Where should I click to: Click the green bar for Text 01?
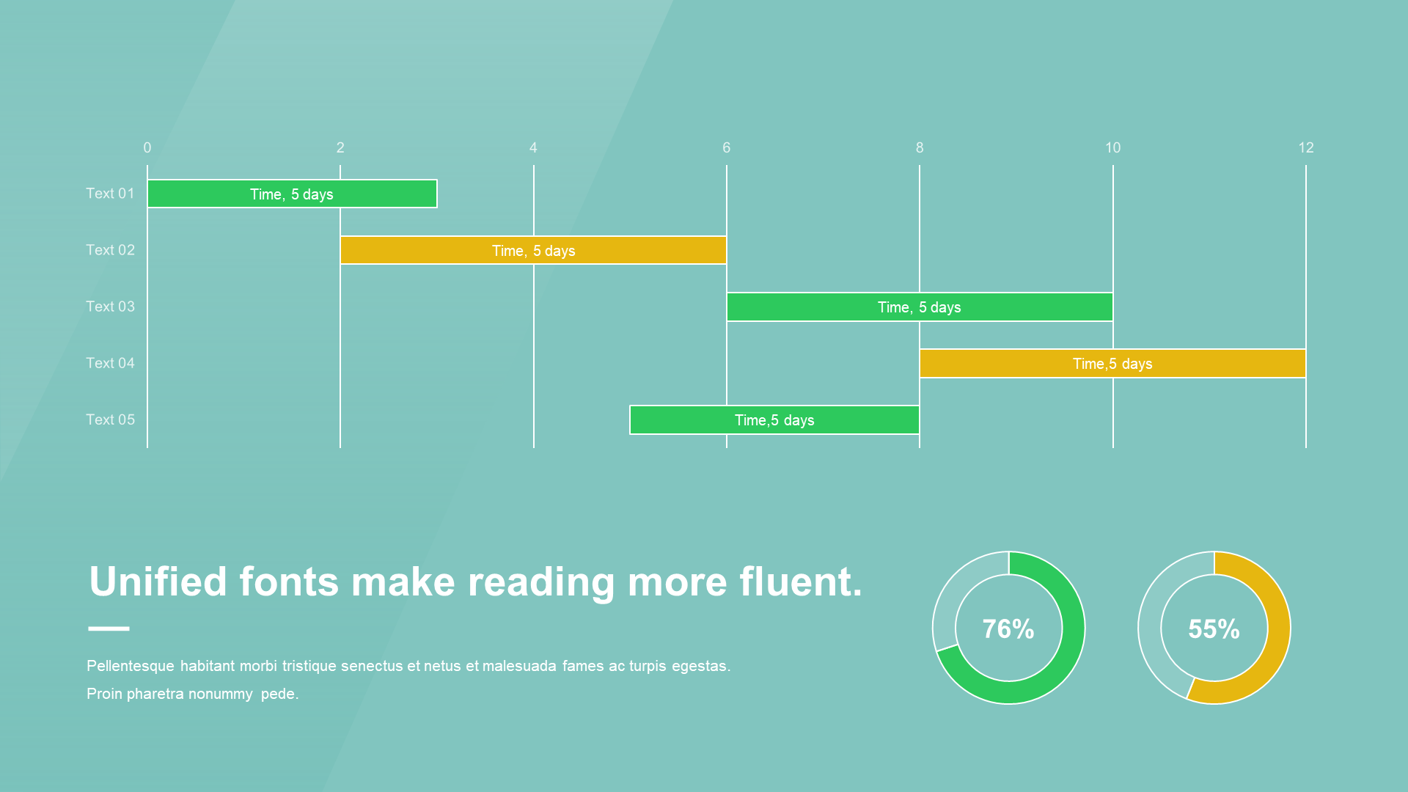[292, 194]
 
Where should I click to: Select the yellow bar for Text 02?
[533, 250]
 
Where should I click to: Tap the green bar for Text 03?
[920, 307]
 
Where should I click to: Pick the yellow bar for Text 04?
[1112, 363]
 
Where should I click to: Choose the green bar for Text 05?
[774, 419]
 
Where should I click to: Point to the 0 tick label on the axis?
[147, 147]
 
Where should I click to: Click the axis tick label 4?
[533, 147]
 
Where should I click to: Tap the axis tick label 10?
[1112, 147]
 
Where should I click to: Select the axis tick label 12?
[1306, 147]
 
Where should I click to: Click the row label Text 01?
[110, 193]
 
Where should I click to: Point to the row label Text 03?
[110, 306]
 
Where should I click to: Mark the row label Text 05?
[110, 419]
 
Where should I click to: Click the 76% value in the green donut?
[1008, 628]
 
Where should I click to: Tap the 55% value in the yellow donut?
[1214, 628]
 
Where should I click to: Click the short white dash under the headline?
[109, 628]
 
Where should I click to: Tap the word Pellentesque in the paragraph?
[131, 666]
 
